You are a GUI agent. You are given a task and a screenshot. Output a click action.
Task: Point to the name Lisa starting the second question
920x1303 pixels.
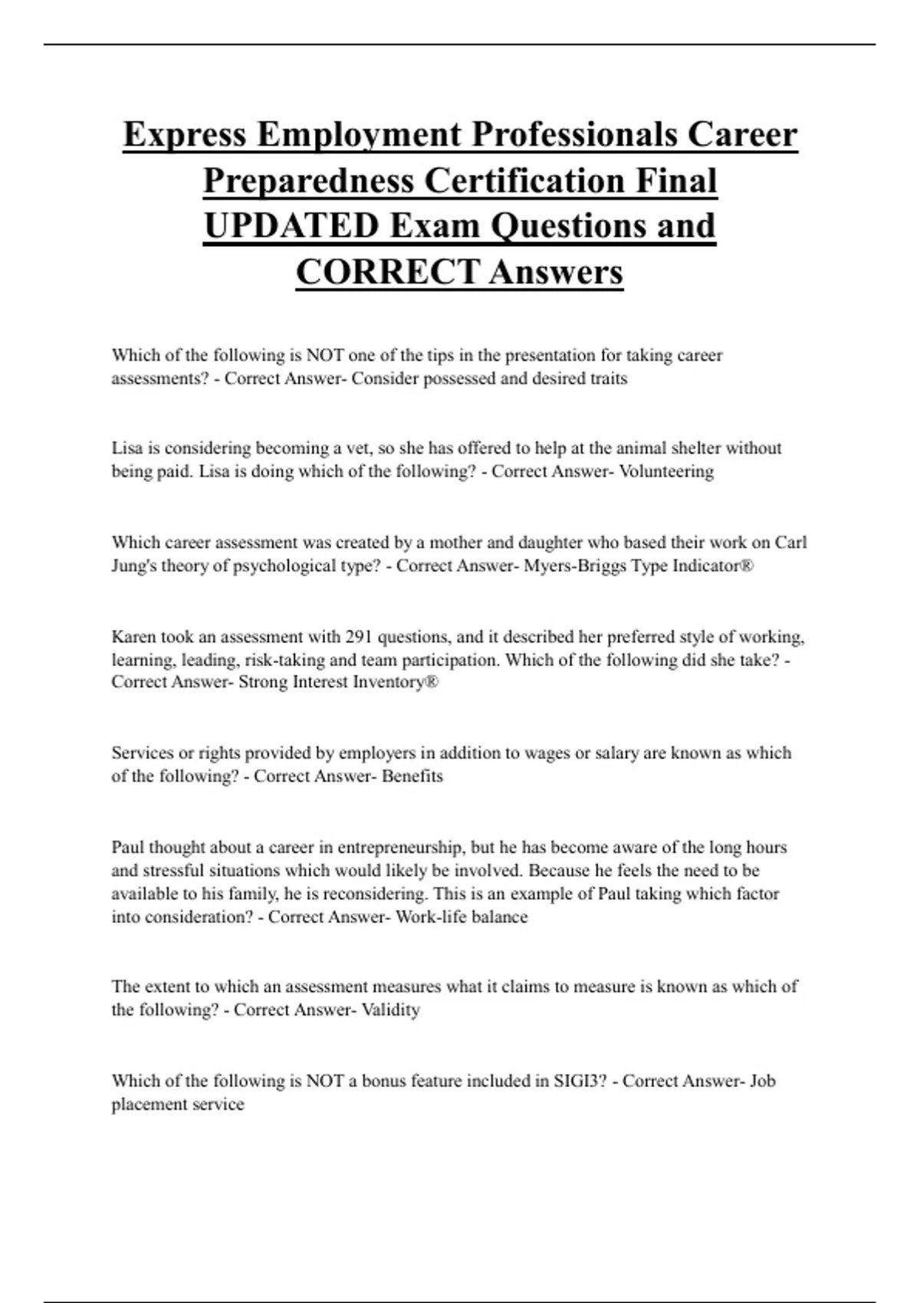click(x=127, y=448)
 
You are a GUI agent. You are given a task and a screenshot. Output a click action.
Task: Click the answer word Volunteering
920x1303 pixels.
click(x=666, y=471)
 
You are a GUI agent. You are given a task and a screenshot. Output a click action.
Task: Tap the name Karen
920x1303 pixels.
click(x=133, y=636)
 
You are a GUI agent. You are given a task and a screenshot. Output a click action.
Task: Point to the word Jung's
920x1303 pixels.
click(x=133, y=566)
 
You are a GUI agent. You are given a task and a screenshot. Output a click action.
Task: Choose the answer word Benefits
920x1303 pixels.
click(x=412, y=776)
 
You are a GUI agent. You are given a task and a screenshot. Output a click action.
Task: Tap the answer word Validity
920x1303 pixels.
click(x=391, y=1009)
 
